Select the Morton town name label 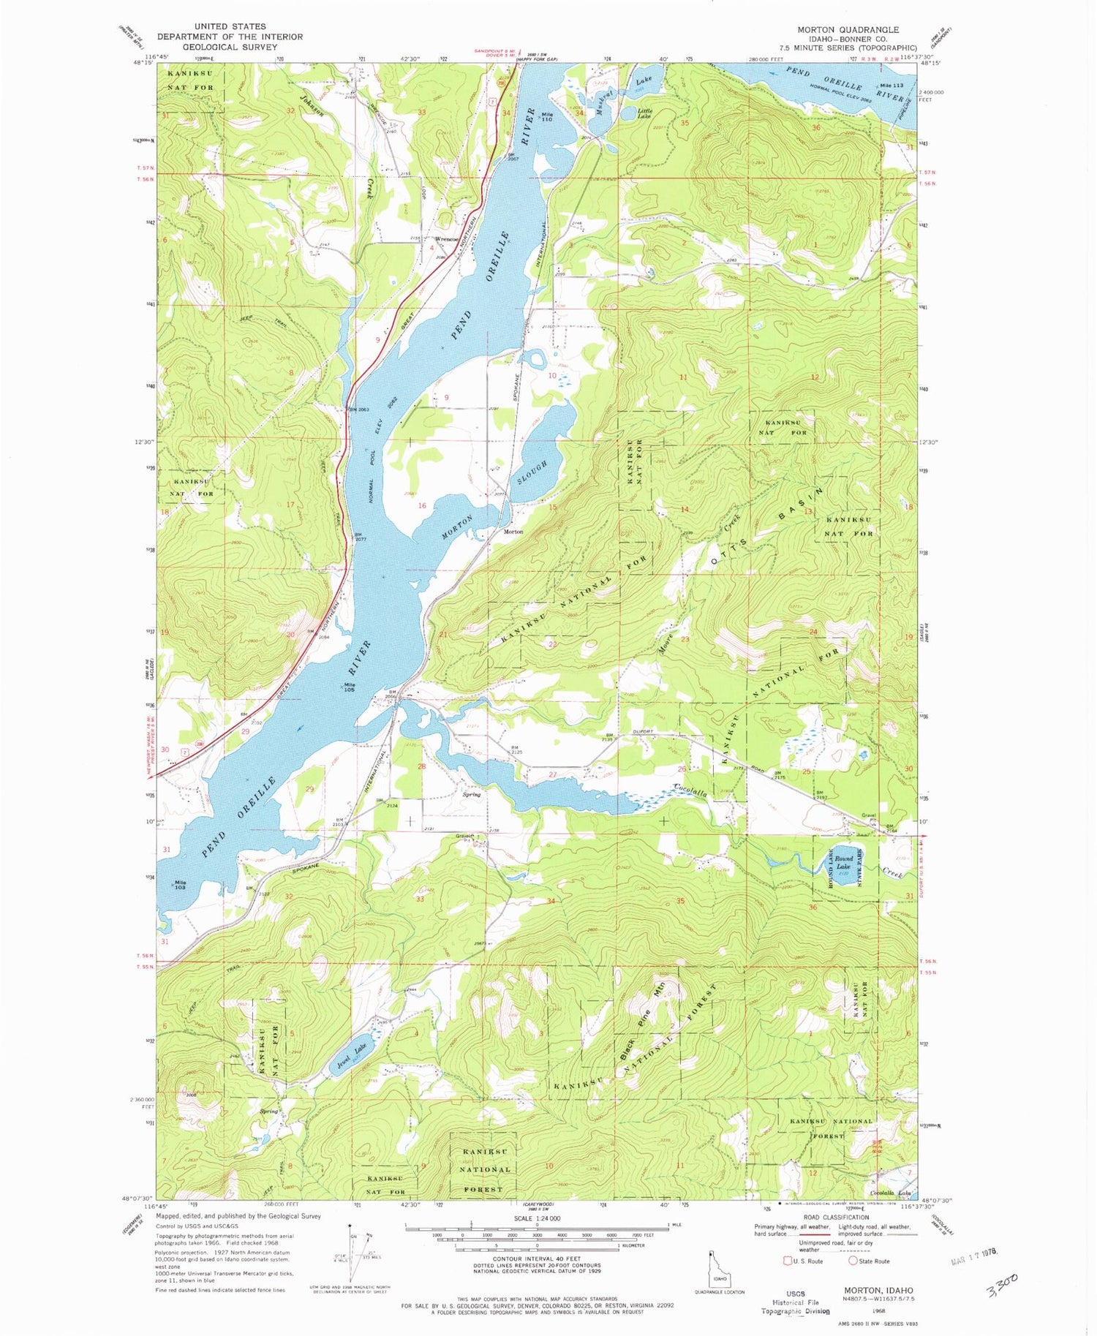tap(513, 532)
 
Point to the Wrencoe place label tap(447, 239)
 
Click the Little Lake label tap(644, 113)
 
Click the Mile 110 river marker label tap(546, 117)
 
